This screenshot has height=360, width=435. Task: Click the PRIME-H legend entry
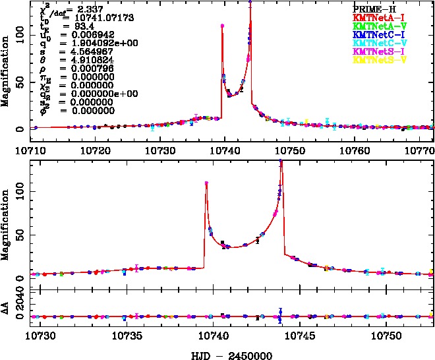click(x=374, y=9)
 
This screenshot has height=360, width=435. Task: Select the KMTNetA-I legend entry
click(x=374, y=17)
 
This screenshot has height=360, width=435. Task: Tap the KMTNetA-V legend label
click(x=374, y=26)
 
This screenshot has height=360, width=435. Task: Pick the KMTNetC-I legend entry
click(x=374, y=34)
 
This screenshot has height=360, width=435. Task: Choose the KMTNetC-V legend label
click(x=374, y=43)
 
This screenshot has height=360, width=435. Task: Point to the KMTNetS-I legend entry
click(x=374, y=51)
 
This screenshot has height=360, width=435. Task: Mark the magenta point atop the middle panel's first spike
click(x=206, y=183)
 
